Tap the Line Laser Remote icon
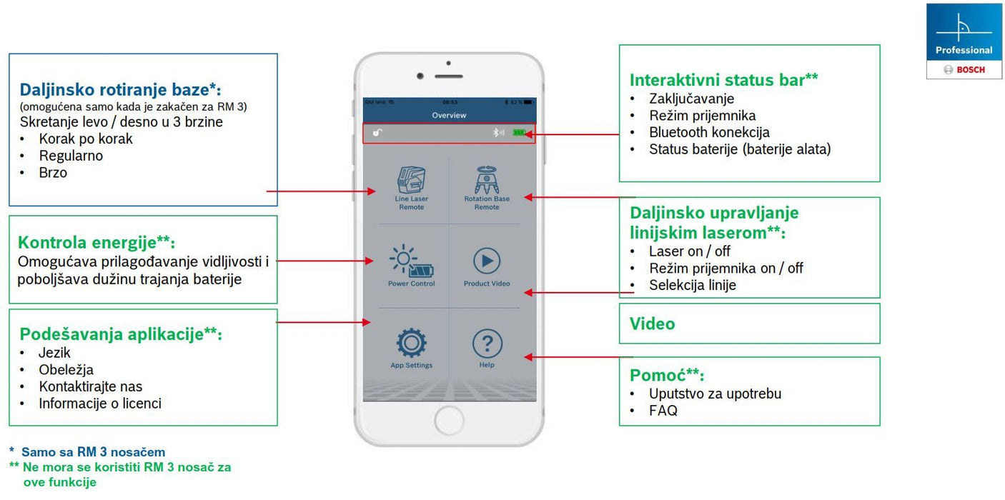pyautogui.click(x=410, y=181)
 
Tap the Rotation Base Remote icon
pyautogui.click(x=487, y=181)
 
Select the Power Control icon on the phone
pyautogui.click(x=411, y=262)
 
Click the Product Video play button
pyautogui.click(x=487, y=261)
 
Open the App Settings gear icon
pyautogui.click(x=412, y=344)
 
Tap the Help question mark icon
pyautogui.click(x=487, y=344)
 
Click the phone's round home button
pyautogui.click(x=450, y=419)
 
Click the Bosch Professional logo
pyautogui.click(x=964, y=41)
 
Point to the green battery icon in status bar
pyautogui.click(x=519, y=133)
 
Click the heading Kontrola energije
pyautogui.click(x=96, y=242)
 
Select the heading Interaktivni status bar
pyautogui.click(x=723, y=79)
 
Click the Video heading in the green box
pyautogui.click(x=652, y=324)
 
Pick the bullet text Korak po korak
pyautogui.click(x=86, y=139)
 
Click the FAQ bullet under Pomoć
pyautogui.click(x=663, y=411)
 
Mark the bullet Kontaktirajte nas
pyautogui.click(x=91, y=386)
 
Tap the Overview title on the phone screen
pyautogui.click(x=449, y=115)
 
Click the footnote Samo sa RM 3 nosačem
pyautogui.click(x=93, y=452)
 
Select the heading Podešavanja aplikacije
pyautogui.click(x=120, y=334)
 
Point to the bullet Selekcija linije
pyautogui.click(x=692, y=285)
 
